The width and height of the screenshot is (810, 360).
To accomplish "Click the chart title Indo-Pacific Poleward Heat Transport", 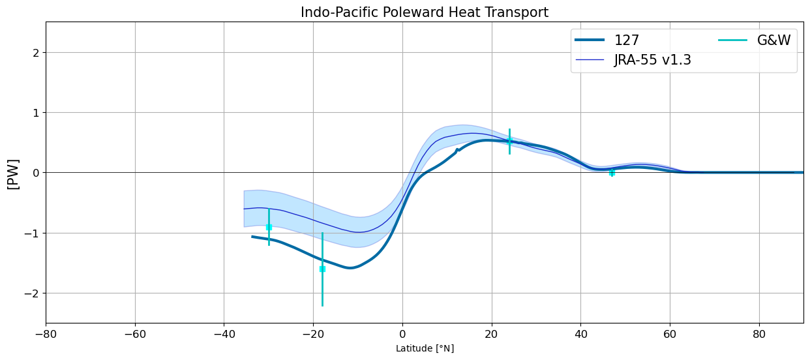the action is click(x=425, y=12).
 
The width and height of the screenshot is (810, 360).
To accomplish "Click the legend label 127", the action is click(x=627, y=40).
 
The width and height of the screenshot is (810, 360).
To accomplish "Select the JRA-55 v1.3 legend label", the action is click(x=652, y=59).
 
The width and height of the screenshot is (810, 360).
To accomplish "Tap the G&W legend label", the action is click(x=774, y=40).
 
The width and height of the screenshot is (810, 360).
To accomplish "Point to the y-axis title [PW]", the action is click(x=14, y=174).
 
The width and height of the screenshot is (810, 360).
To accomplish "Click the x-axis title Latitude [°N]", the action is click(x=425, y=348).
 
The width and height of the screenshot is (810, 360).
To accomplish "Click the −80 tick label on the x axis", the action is click(x=46, y=335).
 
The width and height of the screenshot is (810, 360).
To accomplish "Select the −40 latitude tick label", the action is click(x=224, y=335).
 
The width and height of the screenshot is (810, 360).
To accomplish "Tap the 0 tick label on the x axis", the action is click(x=402, y=335).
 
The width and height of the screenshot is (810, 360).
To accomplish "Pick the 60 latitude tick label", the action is click(x=670, y=335).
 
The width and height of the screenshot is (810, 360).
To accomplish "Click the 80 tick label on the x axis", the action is click(x=759, y=335).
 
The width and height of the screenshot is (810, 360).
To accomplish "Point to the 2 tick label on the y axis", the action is click(x=36, y=53).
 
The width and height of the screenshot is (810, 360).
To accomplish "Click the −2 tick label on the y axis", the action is click(x=31, y=293).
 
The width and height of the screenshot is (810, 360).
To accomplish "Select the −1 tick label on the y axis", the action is click(x=31, y=233).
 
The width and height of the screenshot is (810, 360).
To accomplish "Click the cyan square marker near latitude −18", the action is click(x=322, y=269).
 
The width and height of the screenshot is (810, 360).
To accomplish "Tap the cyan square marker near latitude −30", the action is click(x=269, y=228).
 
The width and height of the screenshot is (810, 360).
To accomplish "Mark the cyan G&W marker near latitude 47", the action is click(x=612, y=173).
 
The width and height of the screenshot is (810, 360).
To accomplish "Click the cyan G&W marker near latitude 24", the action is click(x=509, y=142).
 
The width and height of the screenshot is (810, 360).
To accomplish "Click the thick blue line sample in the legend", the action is click(x=590, y=40).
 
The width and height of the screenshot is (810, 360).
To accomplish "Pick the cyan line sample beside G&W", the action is click(x=732, y=40).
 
